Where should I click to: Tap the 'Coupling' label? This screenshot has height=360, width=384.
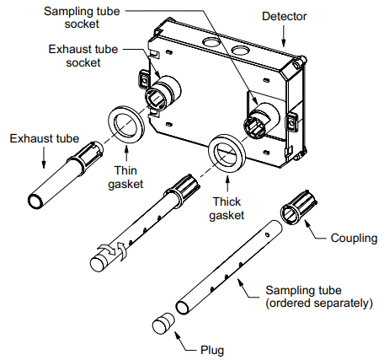click(354, 239)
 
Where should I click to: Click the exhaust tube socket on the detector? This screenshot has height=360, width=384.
click(165, 89)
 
